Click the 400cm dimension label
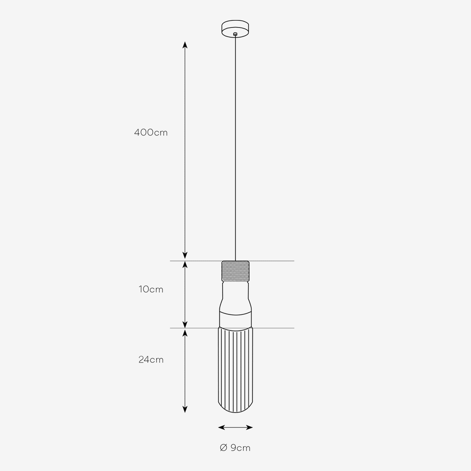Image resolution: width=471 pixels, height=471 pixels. click(151, 133)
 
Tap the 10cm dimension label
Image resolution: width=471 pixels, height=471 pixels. click(151, 289)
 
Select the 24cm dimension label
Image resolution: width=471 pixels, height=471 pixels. click(151, 360)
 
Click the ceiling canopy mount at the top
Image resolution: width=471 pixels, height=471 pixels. click(235, 29)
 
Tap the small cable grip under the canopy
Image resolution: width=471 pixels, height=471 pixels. click(235, 34)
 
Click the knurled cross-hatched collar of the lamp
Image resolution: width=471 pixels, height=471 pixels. click(235, 271)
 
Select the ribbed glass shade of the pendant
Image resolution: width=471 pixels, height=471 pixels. click(235, 370)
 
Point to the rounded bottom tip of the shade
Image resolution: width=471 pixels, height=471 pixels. click(235, 413)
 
